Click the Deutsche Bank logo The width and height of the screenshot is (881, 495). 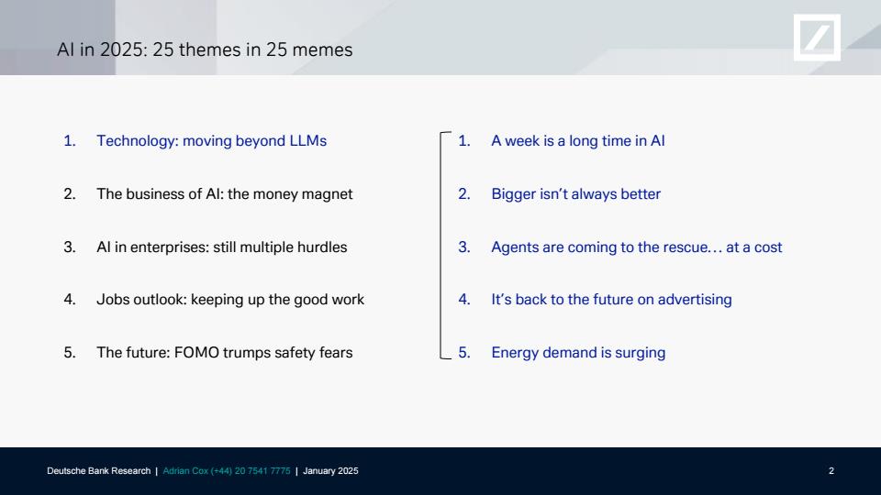point(817,38)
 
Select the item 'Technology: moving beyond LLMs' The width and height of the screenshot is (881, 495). point(211,141)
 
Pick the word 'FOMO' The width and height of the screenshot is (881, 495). point(196,352)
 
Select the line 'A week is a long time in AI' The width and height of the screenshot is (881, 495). point(577,141)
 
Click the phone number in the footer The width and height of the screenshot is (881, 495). point(251,471)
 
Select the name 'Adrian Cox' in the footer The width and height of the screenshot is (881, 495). point(185,471)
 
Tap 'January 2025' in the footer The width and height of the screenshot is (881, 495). point(330,471)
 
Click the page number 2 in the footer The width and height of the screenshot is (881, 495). point(831,471)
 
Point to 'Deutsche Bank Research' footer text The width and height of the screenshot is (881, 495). point(99,471)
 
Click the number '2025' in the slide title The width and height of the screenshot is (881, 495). point(122,49)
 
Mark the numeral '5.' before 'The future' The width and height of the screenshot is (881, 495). point(70,352)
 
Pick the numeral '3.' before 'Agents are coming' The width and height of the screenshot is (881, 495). point(464,247)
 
